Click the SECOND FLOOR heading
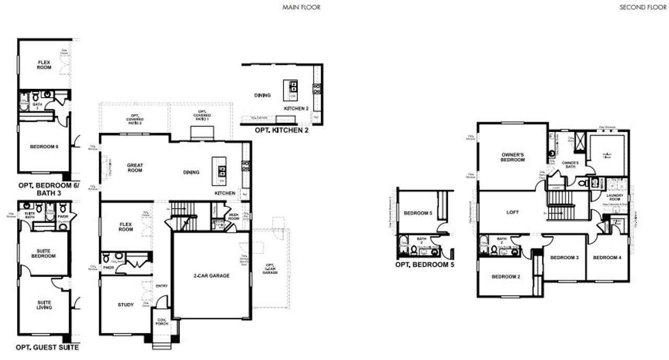point(643,7)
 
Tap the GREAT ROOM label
point(135,168)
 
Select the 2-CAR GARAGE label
point(212,275)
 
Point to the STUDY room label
point(125,305)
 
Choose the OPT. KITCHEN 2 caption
point(281,130)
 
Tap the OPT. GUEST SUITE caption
point(48,347)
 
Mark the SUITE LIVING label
point(44,305)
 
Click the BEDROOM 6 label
point(44,146)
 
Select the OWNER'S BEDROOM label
point(513,157)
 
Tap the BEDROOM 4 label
point(607,258)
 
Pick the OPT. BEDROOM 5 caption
point(424,264)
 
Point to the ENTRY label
point(162,285)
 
